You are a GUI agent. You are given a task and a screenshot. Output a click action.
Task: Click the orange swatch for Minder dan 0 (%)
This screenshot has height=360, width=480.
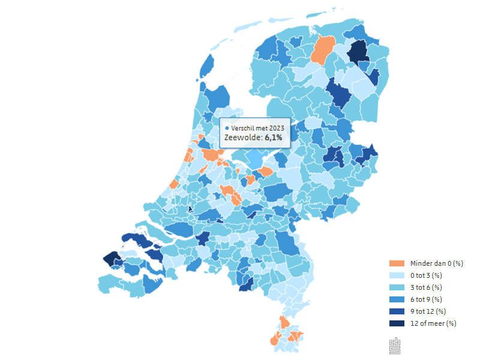click(x=396, y=263)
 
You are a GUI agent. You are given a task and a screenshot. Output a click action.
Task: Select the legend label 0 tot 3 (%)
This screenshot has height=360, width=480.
click(x=426, y=275)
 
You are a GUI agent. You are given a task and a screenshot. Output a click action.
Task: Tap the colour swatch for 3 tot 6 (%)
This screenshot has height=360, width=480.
click(x=396, y=287)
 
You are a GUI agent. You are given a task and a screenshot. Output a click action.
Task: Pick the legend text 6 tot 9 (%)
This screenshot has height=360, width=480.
click(x=426, y=299)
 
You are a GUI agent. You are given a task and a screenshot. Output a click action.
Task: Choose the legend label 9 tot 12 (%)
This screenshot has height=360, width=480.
click(x=428, y=311)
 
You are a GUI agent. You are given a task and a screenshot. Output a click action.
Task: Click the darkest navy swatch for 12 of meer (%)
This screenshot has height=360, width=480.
click(x=396, y=323)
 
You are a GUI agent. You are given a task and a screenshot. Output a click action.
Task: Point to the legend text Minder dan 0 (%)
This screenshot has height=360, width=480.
click(x=437, y=263)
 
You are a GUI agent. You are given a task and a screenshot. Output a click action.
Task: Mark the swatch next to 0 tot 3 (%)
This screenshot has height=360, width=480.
click(x=396, y=275)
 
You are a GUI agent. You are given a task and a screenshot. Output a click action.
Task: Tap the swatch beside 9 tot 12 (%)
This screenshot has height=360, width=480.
click(x=396, y=311)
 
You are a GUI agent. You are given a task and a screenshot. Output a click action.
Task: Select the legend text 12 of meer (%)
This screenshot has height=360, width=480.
click(x=433, y=323)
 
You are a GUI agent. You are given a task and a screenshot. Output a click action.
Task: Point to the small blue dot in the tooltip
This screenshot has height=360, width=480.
click(x=227, y=128)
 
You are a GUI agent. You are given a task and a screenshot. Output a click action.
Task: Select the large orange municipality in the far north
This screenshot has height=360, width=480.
click(x=323, y=50)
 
